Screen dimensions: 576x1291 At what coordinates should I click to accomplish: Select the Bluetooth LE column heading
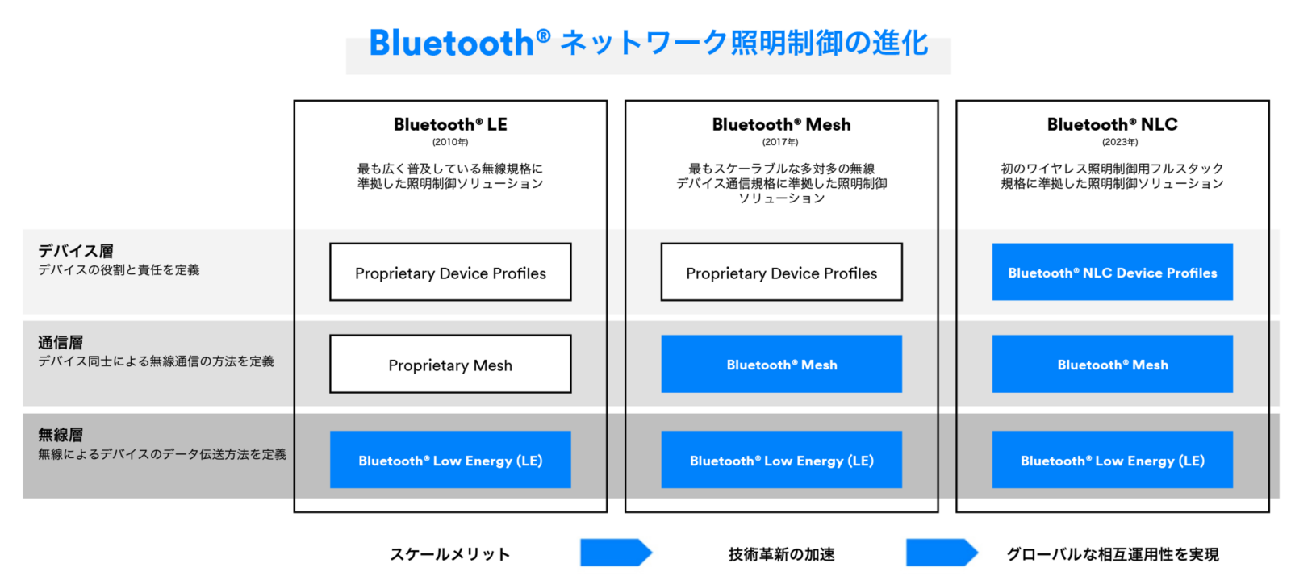(x=450, y=124)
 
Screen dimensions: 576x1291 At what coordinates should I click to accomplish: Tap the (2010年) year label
(x=450, y=142)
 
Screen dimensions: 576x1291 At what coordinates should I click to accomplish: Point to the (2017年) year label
(x=780, y=142)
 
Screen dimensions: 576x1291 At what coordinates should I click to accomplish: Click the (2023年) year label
(x=1120, y=142)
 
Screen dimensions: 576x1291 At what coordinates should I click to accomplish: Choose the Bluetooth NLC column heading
(x=1112, y=124)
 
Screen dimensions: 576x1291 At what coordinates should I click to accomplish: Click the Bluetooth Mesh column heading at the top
(x=781, y=124)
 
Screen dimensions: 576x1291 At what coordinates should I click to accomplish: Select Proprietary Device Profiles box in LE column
(x=450, y=273)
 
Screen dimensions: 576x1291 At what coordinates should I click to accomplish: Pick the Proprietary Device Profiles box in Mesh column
(x=781, y=273)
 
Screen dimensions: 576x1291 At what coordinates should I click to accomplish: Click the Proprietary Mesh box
(x=450, y=365)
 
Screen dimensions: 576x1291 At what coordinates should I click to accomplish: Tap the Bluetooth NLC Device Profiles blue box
(x=1112, y=273)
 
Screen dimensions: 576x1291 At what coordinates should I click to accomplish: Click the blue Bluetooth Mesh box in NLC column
(x=1112, y=365)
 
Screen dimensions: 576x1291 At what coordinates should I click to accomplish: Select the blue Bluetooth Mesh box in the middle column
(x=781, y=365)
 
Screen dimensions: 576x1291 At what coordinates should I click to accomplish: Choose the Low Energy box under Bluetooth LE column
(x=450, y=460)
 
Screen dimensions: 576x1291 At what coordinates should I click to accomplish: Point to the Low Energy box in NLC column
(x=1112, y=460)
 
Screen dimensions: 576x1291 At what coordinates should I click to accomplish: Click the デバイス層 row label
(x=76, y=251)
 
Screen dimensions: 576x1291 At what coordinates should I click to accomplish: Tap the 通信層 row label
(x=61, y=343)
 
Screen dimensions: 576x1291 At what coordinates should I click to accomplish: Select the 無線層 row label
(x=61, y=435)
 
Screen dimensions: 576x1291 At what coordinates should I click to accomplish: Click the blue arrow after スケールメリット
(x=616, y=553)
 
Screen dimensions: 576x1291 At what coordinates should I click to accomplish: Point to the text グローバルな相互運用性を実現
(x=1112, y=554)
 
